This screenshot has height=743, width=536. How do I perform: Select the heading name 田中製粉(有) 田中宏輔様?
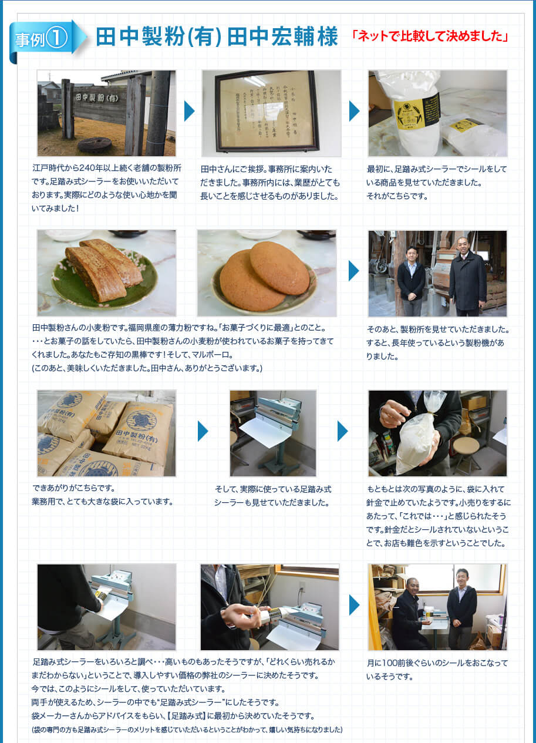(x=217, y=37)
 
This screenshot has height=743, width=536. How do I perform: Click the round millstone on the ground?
(x=94, y=144)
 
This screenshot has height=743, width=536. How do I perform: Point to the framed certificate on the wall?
(x=267, y=111)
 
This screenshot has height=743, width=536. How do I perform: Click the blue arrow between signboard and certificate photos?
(x=188, y=111)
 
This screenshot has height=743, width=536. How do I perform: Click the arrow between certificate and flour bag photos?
(x=354, y=111)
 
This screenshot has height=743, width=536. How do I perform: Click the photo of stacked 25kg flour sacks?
(x=106, y=433)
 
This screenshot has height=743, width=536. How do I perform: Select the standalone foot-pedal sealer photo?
(x=272, y=433)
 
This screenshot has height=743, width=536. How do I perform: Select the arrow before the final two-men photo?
(x=353, y=605)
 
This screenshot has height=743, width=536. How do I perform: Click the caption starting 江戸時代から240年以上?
(x=106, y=187)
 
